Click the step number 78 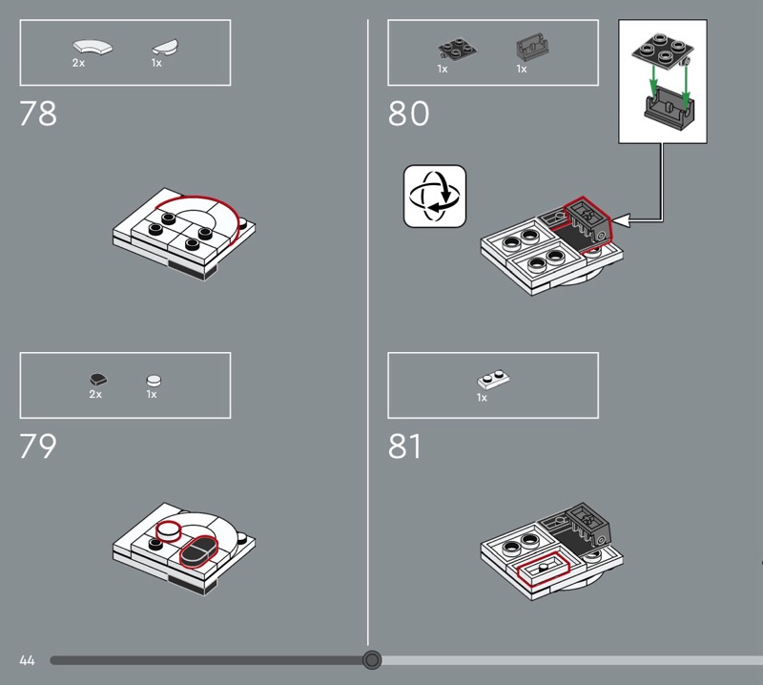click(38, 113)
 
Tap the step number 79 click(38, 446)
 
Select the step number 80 click(409, 113)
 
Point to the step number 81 click(404, 446)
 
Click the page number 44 click(28, 660)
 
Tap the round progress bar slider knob click(372, 660)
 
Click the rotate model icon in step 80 click(435, 196)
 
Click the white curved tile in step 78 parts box click(93, 47)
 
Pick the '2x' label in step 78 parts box click(78, 63)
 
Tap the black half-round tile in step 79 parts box click(98, 380)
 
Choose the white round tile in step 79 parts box click(154, 380)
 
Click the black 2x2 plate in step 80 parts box click(458, 50)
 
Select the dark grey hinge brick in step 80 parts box click(532, 47)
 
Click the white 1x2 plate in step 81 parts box click(493, 379)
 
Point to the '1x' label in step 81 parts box click(482, 398)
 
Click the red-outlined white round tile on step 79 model click(169, 530)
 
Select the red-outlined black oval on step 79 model click(199, 551)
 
